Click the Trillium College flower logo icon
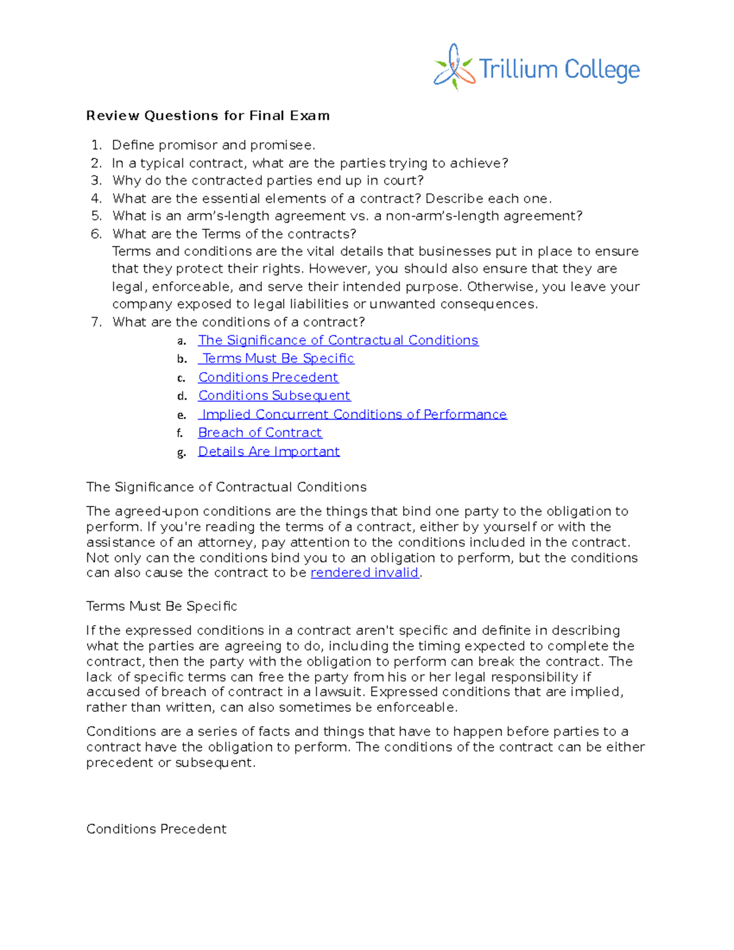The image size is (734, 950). tap(454, 67)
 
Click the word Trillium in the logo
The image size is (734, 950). tap(517, 70)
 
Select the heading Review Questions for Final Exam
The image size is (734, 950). tap(208, 116)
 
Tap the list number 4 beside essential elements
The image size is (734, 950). tap(96, 198)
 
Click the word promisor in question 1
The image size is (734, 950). tap(188, 145)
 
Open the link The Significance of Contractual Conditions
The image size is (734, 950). tap(338, 340)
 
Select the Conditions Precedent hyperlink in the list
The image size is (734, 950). tap(268, 377)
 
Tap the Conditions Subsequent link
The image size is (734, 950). tap(274, 396)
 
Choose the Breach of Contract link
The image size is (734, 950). tap(260, 433)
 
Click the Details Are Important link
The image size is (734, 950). tap(269, 451)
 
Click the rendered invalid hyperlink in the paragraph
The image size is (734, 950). tap(365, 573)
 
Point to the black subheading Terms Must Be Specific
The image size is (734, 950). tap(161, 606)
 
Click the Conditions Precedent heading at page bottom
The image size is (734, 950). tap(157, 829)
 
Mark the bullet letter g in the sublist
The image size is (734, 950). tap(181, 453)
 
